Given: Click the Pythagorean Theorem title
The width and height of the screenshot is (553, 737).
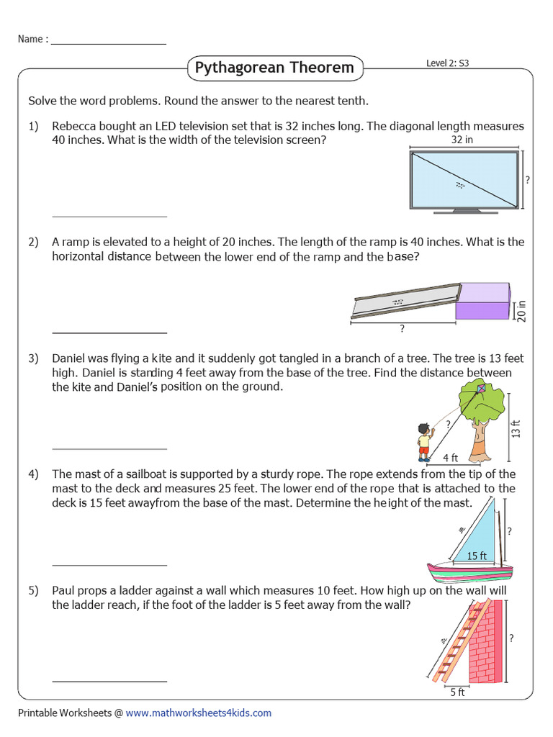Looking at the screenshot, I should pyautogui.click(x=274, y=68).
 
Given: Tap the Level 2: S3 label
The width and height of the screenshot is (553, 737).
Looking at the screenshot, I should pyautogui.click(x=447, y=63).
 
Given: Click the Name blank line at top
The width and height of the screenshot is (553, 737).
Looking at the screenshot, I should pyautogui.click(x=108, y=43).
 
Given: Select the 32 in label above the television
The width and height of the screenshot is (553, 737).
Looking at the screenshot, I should pyautogui.click(x=462, y=140).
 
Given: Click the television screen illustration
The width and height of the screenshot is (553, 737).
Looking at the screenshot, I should pyautogui.click(x=464, y=180).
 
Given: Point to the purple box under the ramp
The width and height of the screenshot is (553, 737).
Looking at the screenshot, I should pyautogui.click(x=483, y=301).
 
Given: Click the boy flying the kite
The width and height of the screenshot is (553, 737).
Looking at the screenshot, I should pyautogui.click(x=425, y=440).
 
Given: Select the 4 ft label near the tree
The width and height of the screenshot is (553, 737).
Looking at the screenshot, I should pyautogui.click(x=450, y=457).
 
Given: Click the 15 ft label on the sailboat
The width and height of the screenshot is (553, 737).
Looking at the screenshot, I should pyautogui.click(x=477, y=555).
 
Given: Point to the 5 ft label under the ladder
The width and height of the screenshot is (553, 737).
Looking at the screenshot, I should pyautogui.click(x=457, y=692).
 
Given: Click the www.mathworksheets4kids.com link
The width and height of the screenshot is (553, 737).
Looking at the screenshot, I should pyautogui.click(x=199, y=713).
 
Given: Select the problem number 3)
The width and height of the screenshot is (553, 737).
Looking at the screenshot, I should pyautogui.click(x=33, y=358).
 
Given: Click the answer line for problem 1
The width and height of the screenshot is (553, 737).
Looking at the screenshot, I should pyautogui.click(x=109, y=215).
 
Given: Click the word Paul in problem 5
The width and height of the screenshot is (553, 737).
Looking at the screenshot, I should pyautogui.click(x=64, y=591).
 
